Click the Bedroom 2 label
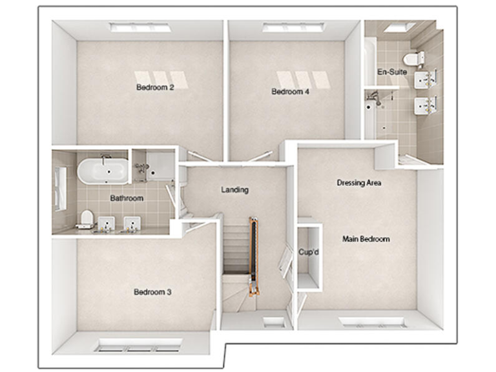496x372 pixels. (155, 88)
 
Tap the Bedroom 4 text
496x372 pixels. (290, 92)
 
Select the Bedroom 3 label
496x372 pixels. (152, 292)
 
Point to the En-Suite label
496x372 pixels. (392, 72)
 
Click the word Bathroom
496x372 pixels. (126, 198)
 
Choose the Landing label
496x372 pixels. (234, 190)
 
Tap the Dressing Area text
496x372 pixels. (358, 183)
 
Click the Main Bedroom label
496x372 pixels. (366, 239)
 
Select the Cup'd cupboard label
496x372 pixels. (309, 252)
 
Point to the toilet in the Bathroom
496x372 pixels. (85, 220)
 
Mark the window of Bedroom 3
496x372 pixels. (139, 347)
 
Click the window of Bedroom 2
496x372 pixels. (140, 27)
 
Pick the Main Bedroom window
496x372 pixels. (373, 322)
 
